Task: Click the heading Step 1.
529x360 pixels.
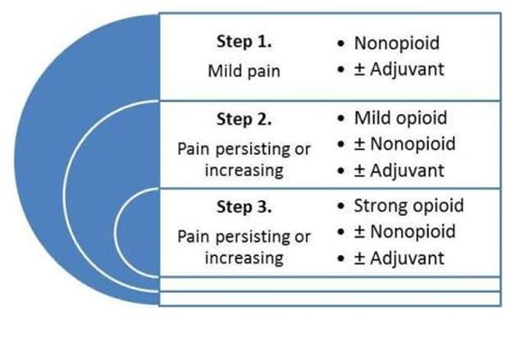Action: point(244,42)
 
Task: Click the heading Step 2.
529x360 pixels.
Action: point(244,119)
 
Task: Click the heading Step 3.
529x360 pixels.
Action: point(244,207)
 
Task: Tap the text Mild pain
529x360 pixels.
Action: point(244,71)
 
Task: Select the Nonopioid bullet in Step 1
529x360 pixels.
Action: point(397,43)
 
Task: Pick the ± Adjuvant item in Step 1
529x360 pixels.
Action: point(399,70)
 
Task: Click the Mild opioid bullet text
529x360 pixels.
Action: point(400,118)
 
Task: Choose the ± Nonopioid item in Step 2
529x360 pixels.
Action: point(405,144)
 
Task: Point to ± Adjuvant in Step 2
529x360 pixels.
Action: point(399,171)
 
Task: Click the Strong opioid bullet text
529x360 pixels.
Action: point(409,206)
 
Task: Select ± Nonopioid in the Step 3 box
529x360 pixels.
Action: point(405,231)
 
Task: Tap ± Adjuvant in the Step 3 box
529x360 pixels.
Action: point(399,258)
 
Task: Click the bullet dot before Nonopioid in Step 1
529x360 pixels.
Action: point(341,43)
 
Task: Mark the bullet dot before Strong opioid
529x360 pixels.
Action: point(341,206)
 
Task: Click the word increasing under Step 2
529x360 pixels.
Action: point(244,171)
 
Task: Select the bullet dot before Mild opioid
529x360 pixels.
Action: point(341,118)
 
